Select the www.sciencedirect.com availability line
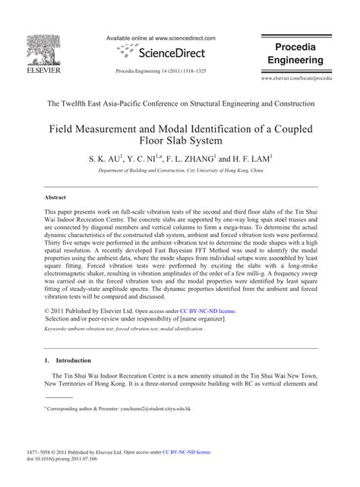point(161,37)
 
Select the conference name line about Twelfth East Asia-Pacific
point(180,103)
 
